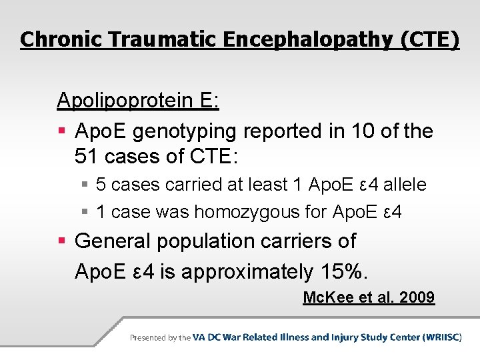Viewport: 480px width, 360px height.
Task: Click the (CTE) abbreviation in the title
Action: (x=430, y=39)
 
